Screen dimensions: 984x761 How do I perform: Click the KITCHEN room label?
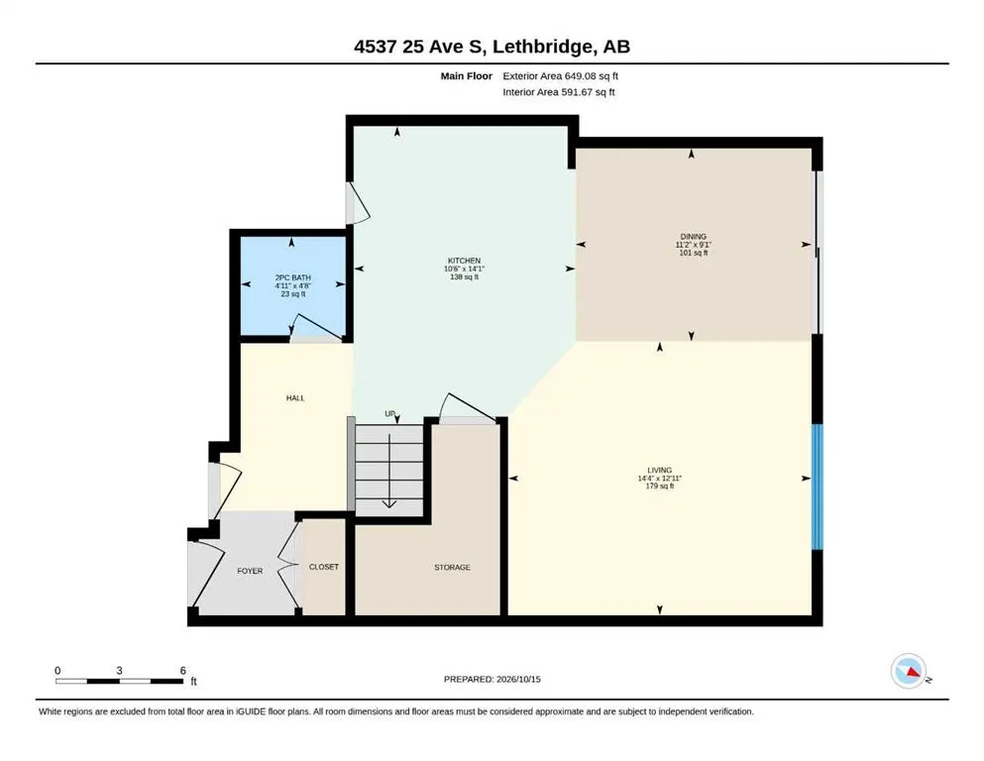(464, 261)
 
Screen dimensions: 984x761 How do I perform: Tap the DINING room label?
(694, 237)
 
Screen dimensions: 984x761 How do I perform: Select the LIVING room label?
(660, 470)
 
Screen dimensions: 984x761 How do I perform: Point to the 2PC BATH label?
(293, 277)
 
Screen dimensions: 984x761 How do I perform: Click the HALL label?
(295, 397)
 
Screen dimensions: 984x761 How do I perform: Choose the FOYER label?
(250, 571)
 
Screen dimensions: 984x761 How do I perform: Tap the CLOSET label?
(324, 567)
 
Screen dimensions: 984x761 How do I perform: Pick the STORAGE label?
(452, 567)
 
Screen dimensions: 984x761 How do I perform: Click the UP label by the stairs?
(390, 414)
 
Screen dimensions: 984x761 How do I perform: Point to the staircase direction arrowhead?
(389, 503)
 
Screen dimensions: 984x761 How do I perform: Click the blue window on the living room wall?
(818, 487)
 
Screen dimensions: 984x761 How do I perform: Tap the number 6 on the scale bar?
(183, 671)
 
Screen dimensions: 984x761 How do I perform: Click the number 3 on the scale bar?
(119, 671)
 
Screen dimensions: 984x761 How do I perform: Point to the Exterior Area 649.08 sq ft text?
(561, 76)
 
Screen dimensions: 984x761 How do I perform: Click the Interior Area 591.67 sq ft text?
(559, 92)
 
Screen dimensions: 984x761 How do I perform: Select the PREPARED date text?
(492, 679)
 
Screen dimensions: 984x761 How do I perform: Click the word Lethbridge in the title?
(542, 47)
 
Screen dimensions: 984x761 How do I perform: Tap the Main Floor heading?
(467, 76)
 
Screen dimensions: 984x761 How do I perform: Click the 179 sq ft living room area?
(660, 486)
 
